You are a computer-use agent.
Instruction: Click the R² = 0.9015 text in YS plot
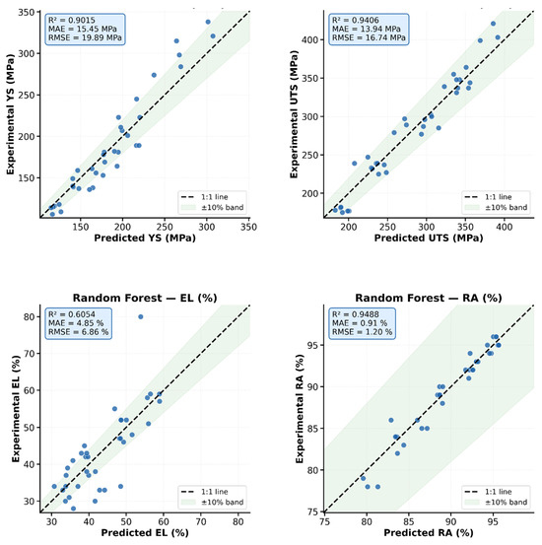coord(72,20)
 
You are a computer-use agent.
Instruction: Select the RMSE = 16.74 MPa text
coord(369,37)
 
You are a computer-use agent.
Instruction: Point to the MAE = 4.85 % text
coord(76,323)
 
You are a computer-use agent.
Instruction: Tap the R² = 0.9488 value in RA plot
coord(356,314)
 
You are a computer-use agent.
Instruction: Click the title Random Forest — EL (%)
coord(145,298)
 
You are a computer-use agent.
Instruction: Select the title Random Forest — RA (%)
coord(429,298)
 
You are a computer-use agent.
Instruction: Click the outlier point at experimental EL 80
coord(141,316)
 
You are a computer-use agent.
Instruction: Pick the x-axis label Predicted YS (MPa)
coord(145,238)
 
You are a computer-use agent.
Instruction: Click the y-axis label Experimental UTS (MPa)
coord(294,114)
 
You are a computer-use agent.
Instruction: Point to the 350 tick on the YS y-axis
coord(27,12)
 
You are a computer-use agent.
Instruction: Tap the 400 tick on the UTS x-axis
coord(505,227)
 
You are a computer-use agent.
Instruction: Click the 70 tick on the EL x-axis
coord(201,521)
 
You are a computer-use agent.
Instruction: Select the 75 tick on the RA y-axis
coord(313,511)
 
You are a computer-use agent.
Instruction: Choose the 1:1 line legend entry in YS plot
coord(204,197)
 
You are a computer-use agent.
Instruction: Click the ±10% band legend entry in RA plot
coord(496,502)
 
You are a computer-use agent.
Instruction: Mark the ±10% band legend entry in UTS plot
coord(496,208)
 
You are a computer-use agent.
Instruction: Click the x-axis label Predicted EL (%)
coord(145,532)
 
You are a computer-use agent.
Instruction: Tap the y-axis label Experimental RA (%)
coord(300,409)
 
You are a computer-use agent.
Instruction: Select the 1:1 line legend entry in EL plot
coord(204,492)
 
